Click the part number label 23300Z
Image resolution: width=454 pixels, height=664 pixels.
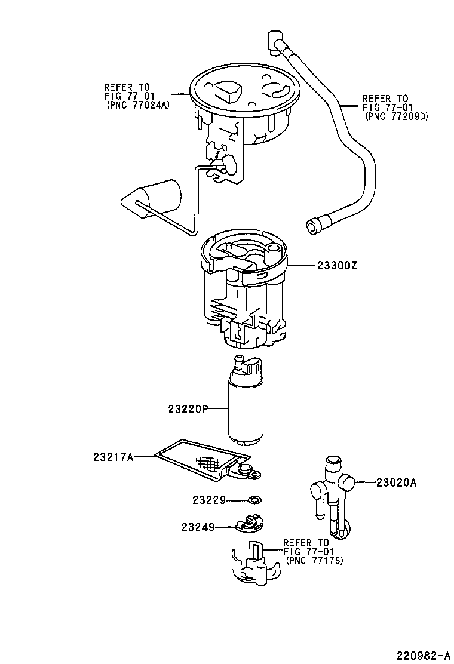coord(333,266)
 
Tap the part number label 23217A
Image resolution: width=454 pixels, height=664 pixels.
coord(113,457)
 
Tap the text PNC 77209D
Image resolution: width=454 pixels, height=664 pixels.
coord(396,117)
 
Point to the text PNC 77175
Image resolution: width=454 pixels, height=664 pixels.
coord(315,561)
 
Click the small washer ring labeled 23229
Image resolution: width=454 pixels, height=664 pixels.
coord(255,499)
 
